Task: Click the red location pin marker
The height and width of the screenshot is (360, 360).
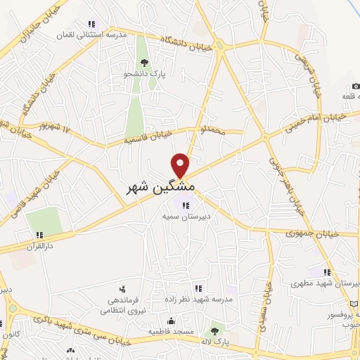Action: coord(181,165)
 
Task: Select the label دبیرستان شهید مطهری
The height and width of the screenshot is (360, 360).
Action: coord(325,284)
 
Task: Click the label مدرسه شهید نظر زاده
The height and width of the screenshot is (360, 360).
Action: coord(198,298)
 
